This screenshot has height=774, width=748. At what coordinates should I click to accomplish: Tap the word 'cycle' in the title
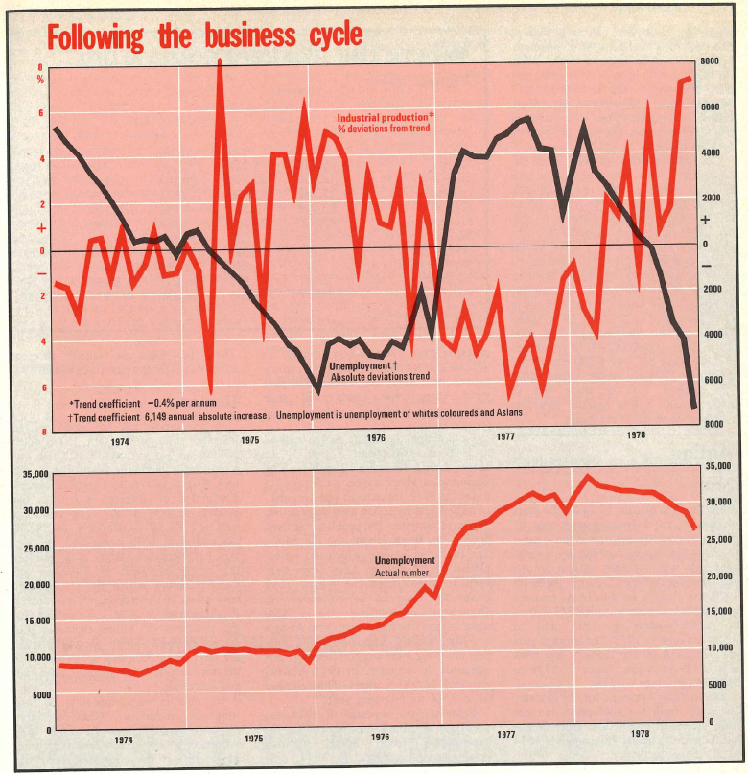click(x=330, y=36)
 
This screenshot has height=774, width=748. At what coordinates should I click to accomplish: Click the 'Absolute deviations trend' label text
click(x=379, y=377)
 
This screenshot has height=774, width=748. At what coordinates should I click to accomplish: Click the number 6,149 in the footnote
click(x=160, y=414)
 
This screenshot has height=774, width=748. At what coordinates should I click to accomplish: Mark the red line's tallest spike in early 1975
click(x=221, y=61)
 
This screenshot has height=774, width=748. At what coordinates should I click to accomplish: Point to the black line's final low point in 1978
click(x=693, y=407)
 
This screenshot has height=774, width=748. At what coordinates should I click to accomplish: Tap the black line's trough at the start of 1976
click(x=318, y=390)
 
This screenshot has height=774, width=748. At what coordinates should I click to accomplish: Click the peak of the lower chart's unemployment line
click(x=589, y=476)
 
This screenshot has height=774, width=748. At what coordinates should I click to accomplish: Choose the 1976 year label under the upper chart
click(x=376, y=438)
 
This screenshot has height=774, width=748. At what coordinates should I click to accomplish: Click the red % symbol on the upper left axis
click(x=40, y=81)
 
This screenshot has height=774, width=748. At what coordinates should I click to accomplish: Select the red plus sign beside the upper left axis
click(x=40, y=228)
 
